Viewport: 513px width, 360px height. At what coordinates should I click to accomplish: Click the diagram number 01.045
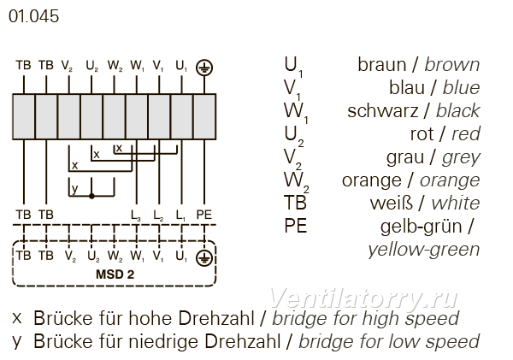click(x=33, y=16)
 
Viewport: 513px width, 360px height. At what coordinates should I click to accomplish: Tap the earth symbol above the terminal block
click(x=204, y=68)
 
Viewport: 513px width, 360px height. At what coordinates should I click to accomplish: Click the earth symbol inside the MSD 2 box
click(x=204, y=258)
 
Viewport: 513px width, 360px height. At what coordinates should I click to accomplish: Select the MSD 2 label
click(x=115, y=274)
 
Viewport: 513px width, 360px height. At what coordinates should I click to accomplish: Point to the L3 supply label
click(x=136, y=215)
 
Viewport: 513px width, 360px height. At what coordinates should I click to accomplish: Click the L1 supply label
click(x=180, y=215)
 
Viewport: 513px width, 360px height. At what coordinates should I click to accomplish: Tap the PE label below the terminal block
click(x=204, y=215)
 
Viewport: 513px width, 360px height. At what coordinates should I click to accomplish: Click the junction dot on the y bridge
click(x=91, y=196)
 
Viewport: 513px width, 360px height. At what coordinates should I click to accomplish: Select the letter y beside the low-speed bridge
click(x=75, y=189)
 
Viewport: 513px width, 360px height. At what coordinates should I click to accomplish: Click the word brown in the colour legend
click(x=452, y=64)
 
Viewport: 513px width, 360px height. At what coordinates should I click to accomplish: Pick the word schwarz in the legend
click(x=383, y=111)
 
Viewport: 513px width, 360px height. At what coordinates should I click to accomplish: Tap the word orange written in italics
click(x=450, y=180)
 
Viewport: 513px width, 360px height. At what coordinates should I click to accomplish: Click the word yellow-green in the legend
click(x=424, y=250)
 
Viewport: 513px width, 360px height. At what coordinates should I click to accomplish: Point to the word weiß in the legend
click(x=392, y=204)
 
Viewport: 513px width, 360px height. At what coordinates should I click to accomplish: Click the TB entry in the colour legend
click(x=296, y=203)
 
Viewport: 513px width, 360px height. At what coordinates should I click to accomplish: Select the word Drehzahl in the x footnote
click(x=216, y=318)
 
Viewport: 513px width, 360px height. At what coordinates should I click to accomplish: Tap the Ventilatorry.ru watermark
click(x=363, y=298)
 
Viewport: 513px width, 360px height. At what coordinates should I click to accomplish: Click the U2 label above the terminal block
click(x=92, y=66)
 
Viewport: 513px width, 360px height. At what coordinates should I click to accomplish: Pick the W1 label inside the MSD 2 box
click(x=137, y=256)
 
